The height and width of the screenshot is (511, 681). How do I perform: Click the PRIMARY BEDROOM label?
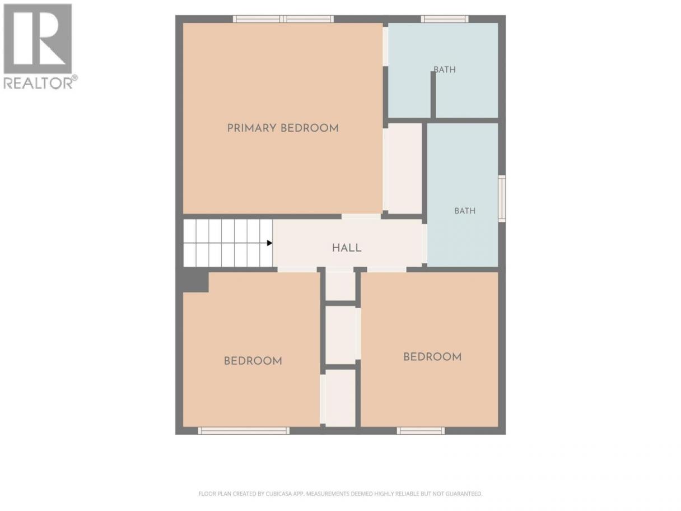coord(283,128)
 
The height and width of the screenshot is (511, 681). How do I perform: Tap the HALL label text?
coord(347,248)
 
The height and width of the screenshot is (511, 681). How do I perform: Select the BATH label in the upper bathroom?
coord(445,69)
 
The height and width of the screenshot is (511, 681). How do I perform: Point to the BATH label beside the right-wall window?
coord(465,211)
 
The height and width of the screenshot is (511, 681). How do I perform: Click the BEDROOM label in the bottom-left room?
coord(253,361)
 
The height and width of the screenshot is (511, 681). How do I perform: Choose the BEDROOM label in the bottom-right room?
coord(432,357)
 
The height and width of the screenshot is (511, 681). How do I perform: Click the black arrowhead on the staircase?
coord(269,243)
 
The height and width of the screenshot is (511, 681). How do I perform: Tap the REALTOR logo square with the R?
coord(38,39)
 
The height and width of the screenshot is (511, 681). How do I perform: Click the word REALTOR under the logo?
coord(38,83)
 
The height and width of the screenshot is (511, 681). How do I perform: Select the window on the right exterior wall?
coord(502,198)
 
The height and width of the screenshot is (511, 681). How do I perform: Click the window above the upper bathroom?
coord(445,19)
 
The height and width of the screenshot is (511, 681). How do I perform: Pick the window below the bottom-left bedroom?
coord(244,431)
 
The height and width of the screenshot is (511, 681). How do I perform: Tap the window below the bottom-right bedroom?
coord(421,431)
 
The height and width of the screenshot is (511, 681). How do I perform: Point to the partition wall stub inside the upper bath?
coord(433,95)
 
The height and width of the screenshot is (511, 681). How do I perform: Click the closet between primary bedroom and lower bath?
coord(405,169)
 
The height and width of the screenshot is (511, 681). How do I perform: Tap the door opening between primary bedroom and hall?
coord(361,217)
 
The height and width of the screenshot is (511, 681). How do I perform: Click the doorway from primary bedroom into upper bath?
coord(385,47)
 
